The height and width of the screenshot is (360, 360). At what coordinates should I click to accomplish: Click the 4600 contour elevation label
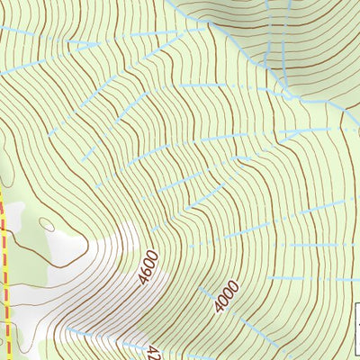(x=149, y=268)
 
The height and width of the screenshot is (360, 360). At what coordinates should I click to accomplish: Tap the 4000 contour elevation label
(x=228, y=295)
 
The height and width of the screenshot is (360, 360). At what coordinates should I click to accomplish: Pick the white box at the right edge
(x=356, y=319)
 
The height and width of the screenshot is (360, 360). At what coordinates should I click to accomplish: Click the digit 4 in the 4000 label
(x=219, y=308)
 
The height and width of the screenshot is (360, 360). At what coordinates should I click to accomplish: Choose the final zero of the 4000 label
(x=237, y=283)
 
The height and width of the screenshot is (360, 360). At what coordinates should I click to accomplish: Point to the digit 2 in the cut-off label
(x=153, y=354)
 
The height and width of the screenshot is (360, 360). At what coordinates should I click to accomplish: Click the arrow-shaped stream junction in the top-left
(x=91, y=43)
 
